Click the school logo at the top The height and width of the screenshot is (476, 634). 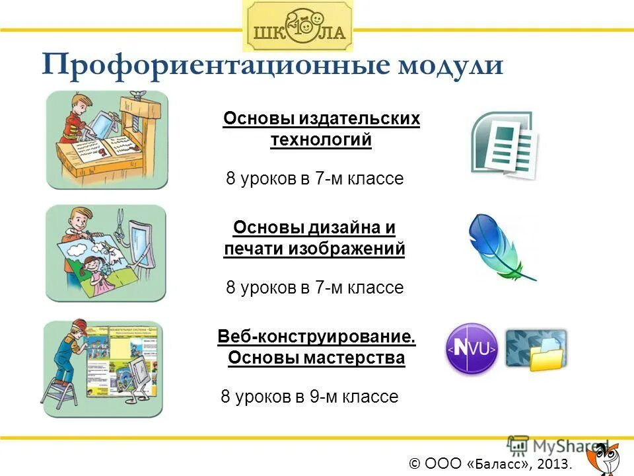(298, 26)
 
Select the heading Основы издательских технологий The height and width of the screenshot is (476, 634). (322, 129)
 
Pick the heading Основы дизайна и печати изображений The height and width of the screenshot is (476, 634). (314, 238)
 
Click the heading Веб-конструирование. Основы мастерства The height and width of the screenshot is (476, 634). (317, 348)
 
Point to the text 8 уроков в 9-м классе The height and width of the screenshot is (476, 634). (309, 397)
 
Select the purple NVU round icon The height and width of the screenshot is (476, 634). (472, 348)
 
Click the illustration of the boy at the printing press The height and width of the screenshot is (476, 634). (107, 139)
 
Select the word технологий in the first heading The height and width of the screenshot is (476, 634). (321, 139)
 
